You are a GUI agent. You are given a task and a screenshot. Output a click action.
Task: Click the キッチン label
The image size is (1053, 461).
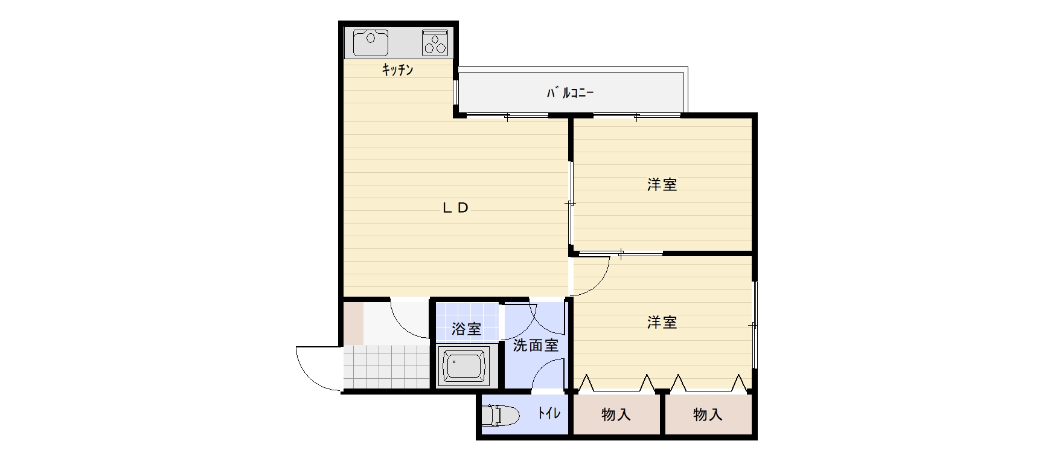(x=397, y=70)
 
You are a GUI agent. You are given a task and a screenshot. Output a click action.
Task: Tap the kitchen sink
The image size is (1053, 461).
(x=370, y=43)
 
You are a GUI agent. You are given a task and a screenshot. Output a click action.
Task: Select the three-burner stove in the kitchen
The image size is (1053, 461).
(x=435, y=43)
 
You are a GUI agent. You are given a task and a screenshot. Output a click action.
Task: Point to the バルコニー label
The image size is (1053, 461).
(x=570, y=93)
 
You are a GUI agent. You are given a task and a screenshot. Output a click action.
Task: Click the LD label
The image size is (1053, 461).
(x=456, y=208)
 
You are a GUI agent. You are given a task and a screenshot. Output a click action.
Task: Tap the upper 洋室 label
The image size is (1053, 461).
(x=662, y=185)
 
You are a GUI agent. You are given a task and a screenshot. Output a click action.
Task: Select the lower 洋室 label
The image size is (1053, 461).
(x=662, y=323)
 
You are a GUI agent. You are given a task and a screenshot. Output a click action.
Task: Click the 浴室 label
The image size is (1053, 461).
(x=467, y=329)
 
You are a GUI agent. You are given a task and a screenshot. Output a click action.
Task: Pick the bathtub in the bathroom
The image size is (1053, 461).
(x=464, y=366)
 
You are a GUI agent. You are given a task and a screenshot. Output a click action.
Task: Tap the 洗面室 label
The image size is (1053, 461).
(x=536, y=346)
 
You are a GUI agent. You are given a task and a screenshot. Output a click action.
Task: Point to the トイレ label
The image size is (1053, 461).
(x=549, y=413)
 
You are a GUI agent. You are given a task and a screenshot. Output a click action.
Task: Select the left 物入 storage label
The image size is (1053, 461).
(x=616, y=415)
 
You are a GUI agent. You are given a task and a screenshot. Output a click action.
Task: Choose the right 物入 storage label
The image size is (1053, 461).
(x=708, y=415)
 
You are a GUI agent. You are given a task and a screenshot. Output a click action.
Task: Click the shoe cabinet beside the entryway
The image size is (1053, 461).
(x=354, y=323)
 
